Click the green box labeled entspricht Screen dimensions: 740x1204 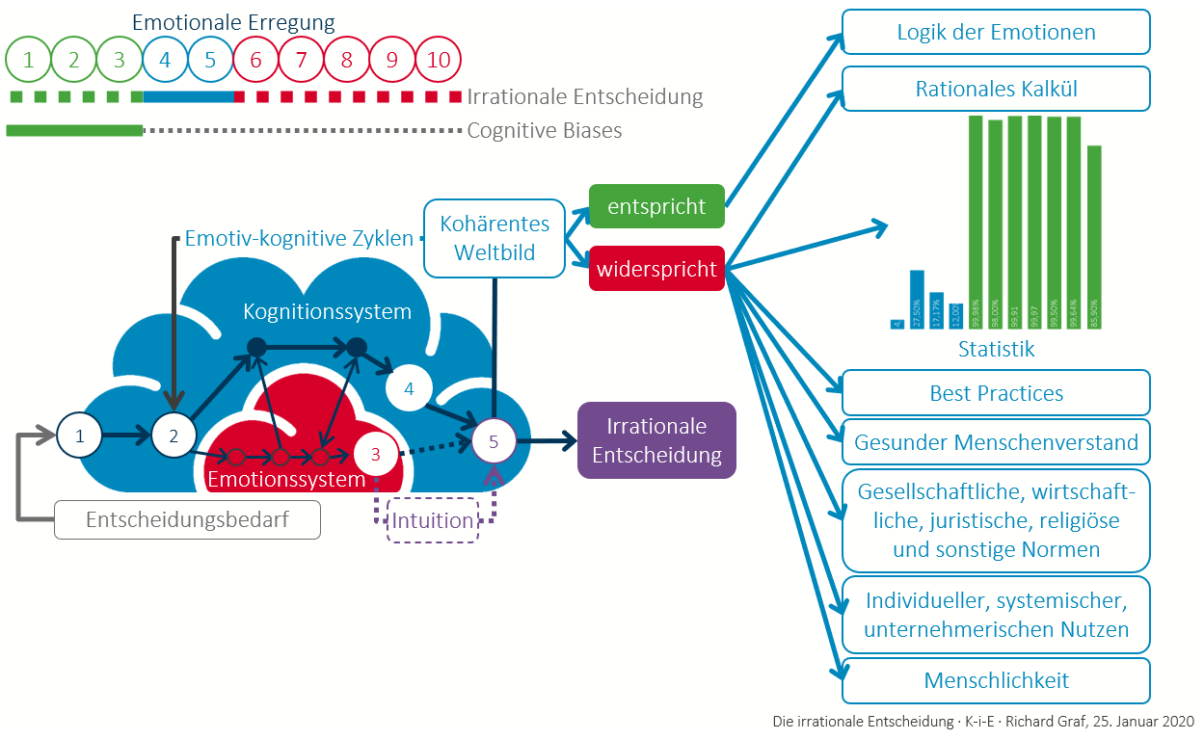[656, 206]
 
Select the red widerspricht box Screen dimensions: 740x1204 [656, 269]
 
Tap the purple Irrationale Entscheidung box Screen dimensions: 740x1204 [656, 440]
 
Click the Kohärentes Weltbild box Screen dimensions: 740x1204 [495, 238]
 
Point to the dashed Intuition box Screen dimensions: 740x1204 [433, 520]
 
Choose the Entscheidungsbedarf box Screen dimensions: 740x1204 [187, 520]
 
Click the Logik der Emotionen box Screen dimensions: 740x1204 [996, 32]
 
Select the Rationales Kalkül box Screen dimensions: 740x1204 [996, 89]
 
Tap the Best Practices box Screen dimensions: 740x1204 [996, 393]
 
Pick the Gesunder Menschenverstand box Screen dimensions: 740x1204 [996, 443]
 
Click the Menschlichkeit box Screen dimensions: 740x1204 [996, 680]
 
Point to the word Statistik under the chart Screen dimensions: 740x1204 [996, 349]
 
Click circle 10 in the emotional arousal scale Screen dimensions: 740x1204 [439, 60]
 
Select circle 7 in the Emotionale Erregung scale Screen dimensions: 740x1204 [301, 60]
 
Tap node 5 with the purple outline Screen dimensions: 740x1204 [494, 441]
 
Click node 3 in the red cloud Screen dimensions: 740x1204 [376, 453]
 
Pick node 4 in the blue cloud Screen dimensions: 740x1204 [409, 389]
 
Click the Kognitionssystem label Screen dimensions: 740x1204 [327, 311]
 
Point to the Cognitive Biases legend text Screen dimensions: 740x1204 [544, 130]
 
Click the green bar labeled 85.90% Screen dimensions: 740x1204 [1094, 237]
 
